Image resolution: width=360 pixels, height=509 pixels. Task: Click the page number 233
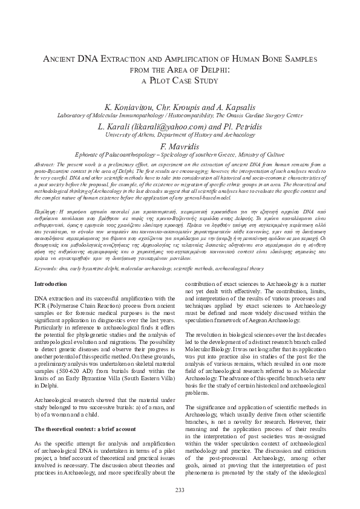180,489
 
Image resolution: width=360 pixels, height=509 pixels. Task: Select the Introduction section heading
51,284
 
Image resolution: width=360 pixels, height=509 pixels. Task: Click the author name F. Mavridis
180,146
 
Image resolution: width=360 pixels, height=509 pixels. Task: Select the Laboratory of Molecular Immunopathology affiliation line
180,115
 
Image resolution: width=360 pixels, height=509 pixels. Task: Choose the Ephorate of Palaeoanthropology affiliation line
180,154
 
